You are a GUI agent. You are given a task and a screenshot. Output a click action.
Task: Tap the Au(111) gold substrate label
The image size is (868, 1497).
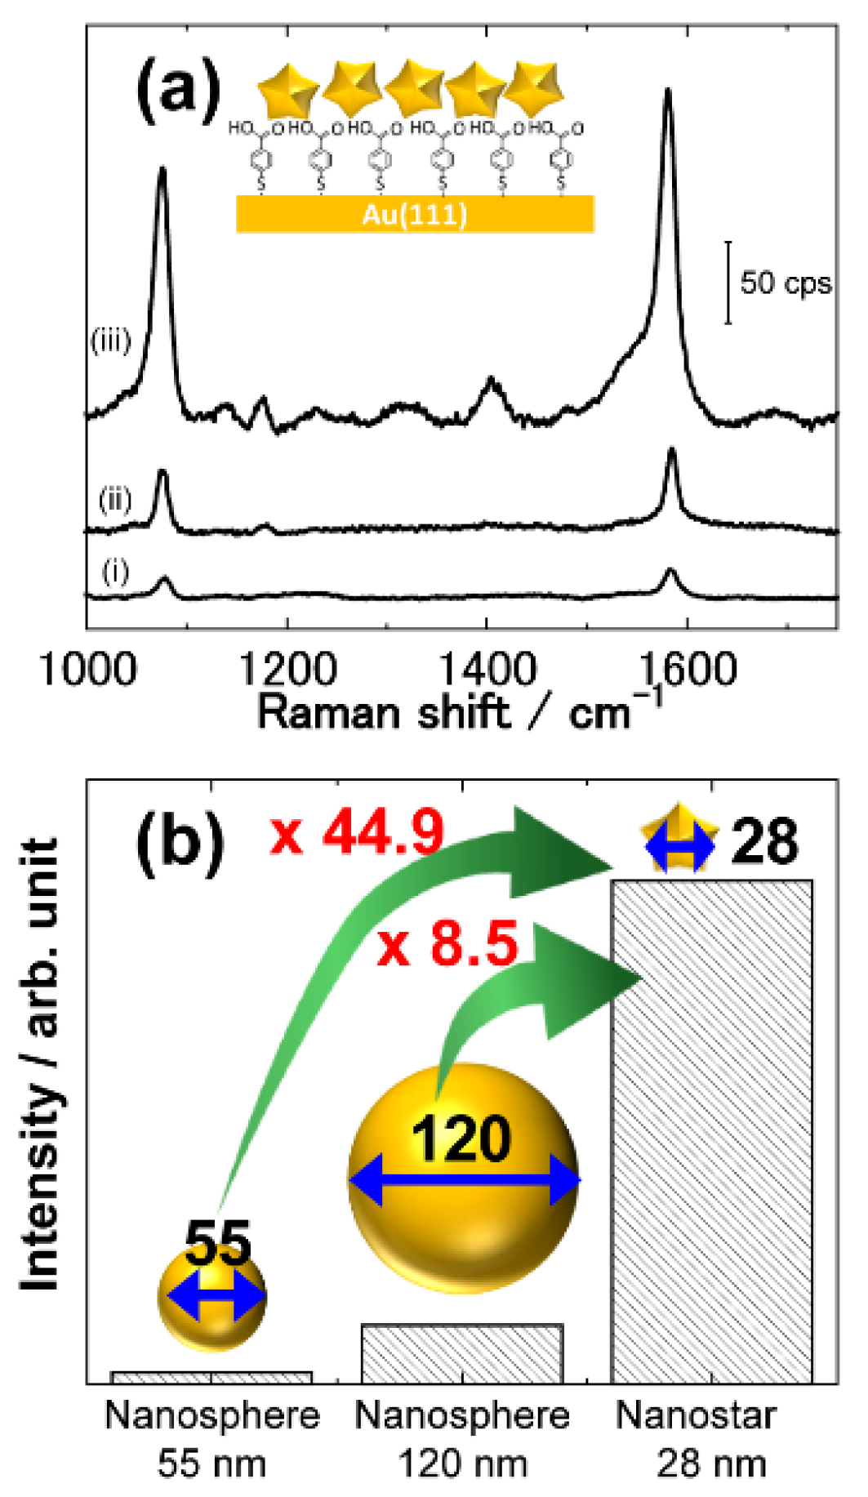[x=415, y=214]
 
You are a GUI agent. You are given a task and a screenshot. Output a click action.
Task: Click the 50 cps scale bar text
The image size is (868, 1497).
[x=785, y=283]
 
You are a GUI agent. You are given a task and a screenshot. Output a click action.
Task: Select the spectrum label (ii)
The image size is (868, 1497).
[x=114, y=498]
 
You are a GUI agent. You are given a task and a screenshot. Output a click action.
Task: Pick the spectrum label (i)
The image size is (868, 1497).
[x=114, y=572]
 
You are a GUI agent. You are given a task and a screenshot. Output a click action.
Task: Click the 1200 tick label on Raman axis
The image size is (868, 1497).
[x=287, y=670]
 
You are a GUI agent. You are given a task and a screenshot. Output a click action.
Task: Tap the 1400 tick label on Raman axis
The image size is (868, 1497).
[x=487, y=670]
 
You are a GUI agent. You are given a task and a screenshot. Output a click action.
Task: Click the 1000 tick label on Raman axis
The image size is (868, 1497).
[x=87, y=670]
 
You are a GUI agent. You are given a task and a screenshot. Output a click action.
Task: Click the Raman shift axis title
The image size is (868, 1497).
[x=457, y=712]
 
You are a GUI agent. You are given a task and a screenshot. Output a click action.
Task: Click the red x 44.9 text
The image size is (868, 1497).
[x=357, y=833]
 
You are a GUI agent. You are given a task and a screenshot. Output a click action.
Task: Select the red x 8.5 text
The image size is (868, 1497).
[x=447, y=945]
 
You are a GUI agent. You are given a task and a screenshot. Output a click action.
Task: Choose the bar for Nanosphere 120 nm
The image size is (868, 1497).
[x=461, y=1353]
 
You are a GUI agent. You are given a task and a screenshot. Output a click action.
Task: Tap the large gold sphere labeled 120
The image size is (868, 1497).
[x=463, y=1180]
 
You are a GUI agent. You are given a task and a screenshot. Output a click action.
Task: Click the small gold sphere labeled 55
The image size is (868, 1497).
[x=212, y=1296]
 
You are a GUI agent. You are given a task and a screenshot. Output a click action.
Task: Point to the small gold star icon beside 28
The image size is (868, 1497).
[x=679, y=839]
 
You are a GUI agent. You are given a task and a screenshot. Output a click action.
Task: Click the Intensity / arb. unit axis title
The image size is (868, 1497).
[x=39, y=1062]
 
